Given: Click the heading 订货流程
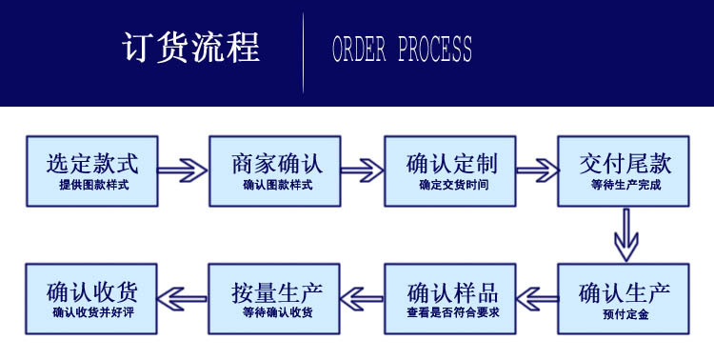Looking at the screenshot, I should point(191,48).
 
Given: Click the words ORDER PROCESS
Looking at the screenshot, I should point(402,49).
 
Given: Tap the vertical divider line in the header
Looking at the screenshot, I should point(304,51).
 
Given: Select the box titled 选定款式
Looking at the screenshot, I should point(92,170).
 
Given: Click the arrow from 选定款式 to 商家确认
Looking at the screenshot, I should point(183,171).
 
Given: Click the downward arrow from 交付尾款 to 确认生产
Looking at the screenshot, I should point(625,234).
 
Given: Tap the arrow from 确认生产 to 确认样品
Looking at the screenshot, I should point(538,298).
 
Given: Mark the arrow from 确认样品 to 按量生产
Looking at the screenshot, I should point(362,298).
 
